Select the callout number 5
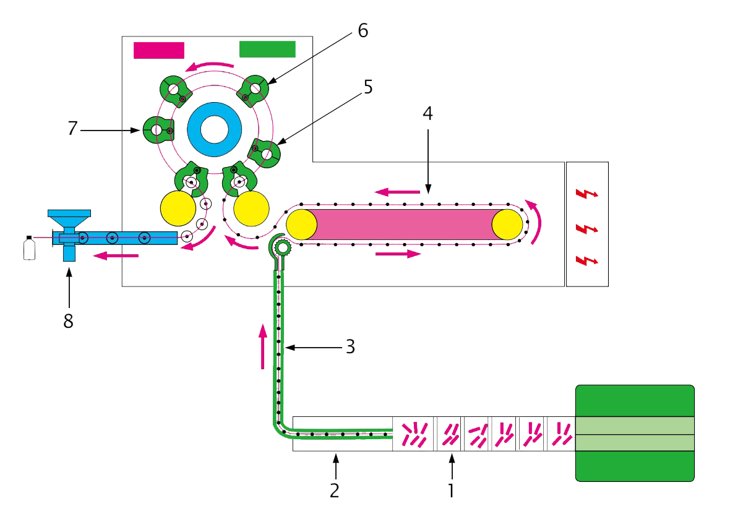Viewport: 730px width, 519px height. (367, 87)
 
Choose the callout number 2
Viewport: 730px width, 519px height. (335, 491)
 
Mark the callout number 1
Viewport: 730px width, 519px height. (452, 491)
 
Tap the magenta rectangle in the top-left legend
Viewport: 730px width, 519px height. (159, 49)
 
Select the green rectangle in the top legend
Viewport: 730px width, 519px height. (267, 49)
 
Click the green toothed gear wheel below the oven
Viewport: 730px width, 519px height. (283, 248)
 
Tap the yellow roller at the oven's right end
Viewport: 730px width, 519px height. (507, 224)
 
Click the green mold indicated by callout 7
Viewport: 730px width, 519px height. (157, 130)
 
